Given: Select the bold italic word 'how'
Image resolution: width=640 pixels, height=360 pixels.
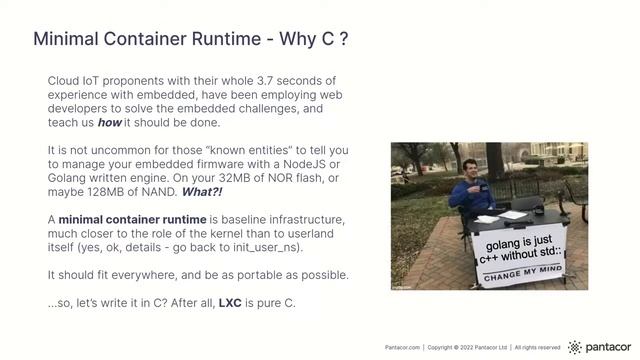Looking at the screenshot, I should (110, 122).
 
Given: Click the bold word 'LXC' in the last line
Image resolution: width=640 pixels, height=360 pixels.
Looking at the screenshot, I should (231, 302).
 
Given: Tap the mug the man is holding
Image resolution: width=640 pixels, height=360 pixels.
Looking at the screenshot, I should (460, 191).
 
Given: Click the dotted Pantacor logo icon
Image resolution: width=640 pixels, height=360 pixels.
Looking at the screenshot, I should (574, 347).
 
